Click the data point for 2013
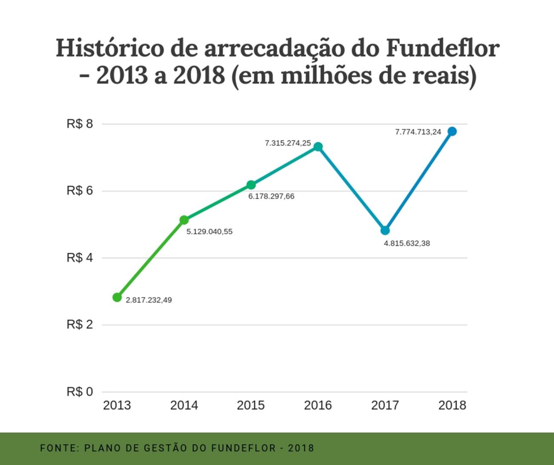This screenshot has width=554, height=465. click(x=117, y=297)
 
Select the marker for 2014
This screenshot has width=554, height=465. click(x=184, y=220)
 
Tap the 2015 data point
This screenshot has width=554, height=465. click(x=251, y=185)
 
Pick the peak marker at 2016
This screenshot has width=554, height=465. click(x=318, y=147)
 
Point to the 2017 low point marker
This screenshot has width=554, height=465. click(x=385, y=230)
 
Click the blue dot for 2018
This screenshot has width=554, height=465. click(x=452, y=131)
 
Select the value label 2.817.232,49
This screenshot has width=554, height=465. click(x=149, y=300)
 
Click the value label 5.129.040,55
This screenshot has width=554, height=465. click(x=210, y=232)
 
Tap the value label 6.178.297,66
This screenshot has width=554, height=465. click(x=271, y=197)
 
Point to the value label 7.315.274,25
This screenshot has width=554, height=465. click(x=288, y=143)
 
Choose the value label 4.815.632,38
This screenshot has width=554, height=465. click(x=407, y=244)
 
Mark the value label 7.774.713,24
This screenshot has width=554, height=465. click(x=418, y=132)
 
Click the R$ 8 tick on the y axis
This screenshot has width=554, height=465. click(x=80, y=124)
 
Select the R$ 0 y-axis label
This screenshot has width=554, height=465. click(x=80, y=392)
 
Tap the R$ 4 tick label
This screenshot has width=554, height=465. click(x=80, y=258)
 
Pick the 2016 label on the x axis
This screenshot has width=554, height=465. click(x=318, y=405)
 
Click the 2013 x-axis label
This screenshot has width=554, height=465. click(x=117, y=405)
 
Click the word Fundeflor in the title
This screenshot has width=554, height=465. click(x=442, y=48)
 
